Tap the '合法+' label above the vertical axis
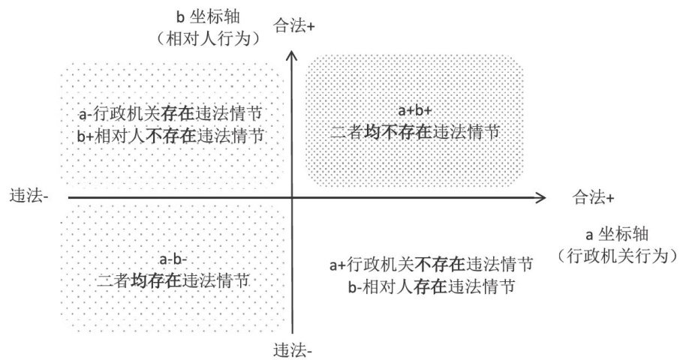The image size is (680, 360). click(295, 25)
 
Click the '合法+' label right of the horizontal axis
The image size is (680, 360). click(594, 197)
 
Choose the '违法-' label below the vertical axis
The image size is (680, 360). click(293, 350)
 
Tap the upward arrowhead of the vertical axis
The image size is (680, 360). click(292, 54)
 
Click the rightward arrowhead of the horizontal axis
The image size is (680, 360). click(540, 197)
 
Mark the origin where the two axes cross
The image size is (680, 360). click(292, 197)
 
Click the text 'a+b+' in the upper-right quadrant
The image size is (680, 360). click(415, 111)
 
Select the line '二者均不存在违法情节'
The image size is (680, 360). click(415, 132)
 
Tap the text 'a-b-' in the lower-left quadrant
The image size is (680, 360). click(174, 260)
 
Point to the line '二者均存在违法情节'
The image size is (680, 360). click(174, 281)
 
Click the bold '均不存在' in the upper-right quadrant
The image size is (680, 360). click(401, 132)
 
